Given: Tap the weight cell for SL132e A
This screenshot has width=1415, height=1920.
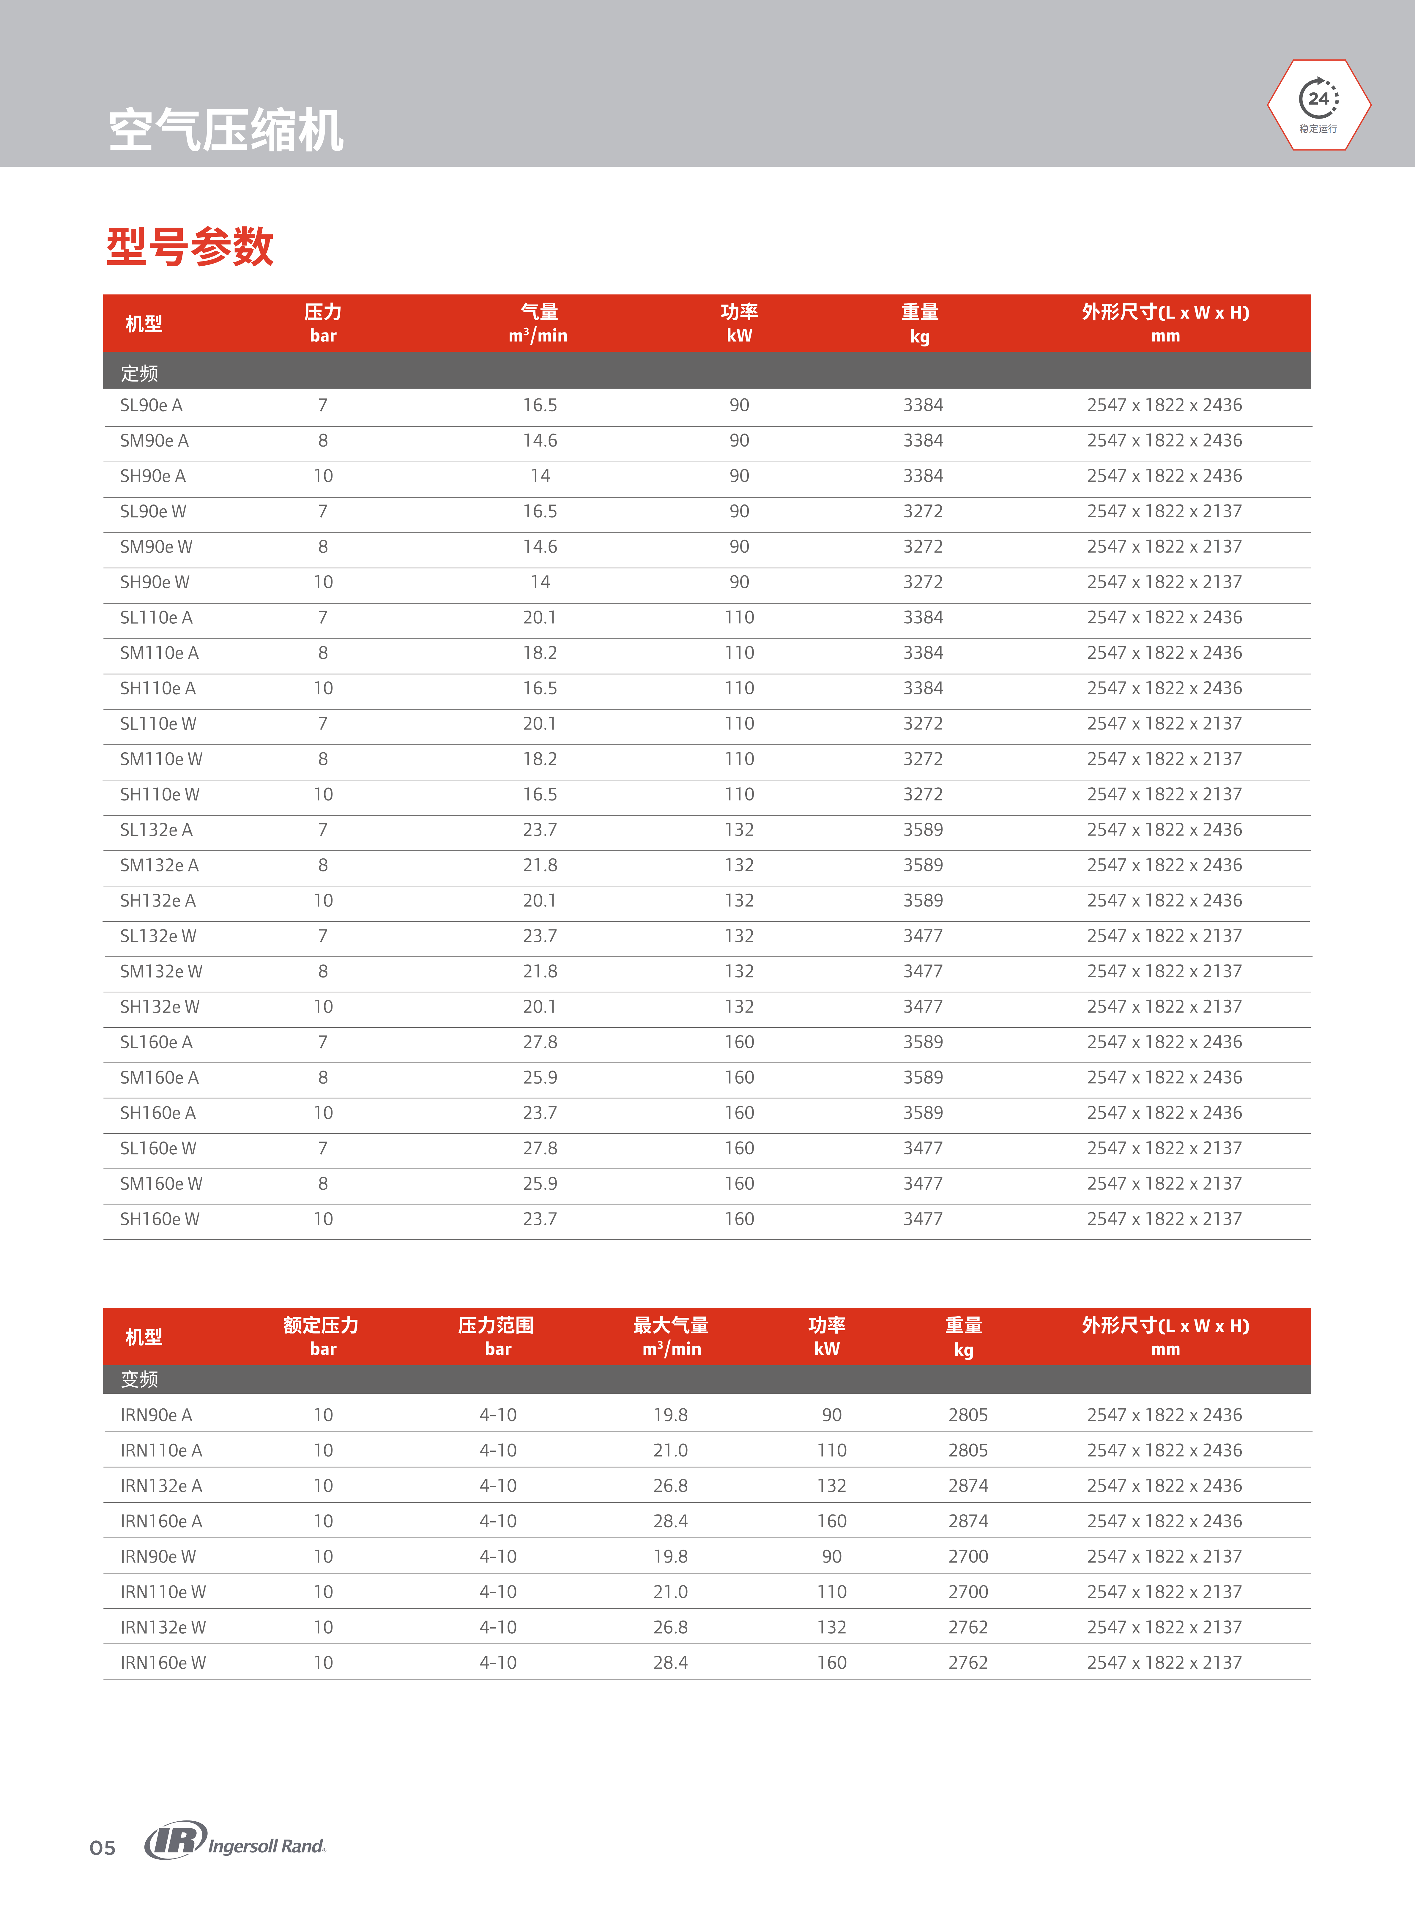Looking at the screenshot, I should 923,830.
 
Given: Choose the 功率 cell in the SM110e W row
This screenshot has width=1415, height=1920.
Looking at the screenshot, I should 739,759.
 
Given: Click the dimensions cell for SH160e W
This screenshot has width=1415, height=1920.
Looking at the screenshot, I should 1164,1218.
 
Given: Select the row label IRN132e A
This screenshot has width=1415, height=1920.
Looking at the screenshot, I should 161,1486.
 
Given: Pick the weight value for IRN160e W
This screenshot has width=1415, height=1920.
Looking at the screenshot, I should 968,1662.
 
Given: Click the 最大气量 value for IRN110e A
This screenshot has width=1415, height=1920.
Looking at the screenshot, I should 671,1450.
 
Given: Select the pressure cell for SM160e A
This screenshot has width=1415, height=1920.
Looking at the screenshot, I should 323,1077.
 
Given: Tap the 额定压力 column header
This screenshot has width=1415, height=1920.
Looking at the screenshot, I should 321,1336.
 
